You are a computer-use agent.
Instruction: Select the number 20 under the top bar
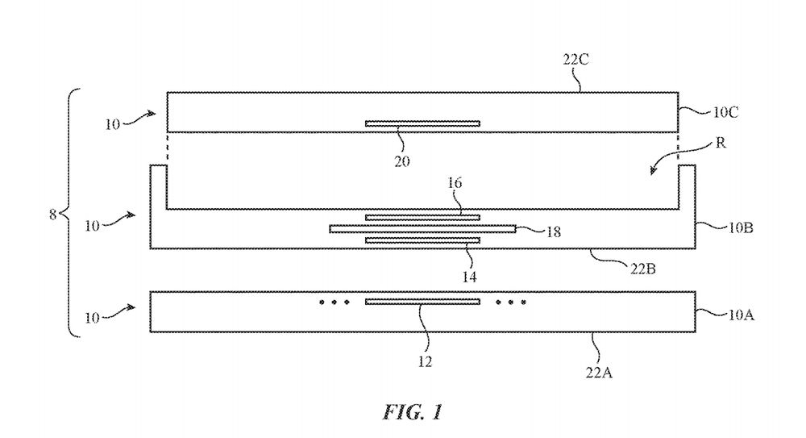[402, 161]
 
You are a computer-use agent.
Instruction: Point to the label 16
[455, 184]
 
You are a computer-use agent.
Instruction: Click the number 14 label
[468, 276]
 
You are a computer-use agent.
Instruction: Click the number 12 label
[426, 362]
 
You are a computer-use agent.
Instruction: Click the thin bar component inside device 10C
[422, 123]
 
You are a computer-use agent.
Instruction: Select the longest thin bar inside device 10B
[422, 229]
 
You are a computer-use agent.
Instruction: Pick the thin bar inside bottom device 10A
[422, 302]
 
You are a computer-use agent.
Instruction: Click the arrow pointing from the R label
[665, 165]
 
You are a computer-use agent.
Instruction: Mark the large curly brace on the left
[72, 214]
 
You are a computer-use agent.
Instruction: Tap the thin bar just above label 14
[422, 240]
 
